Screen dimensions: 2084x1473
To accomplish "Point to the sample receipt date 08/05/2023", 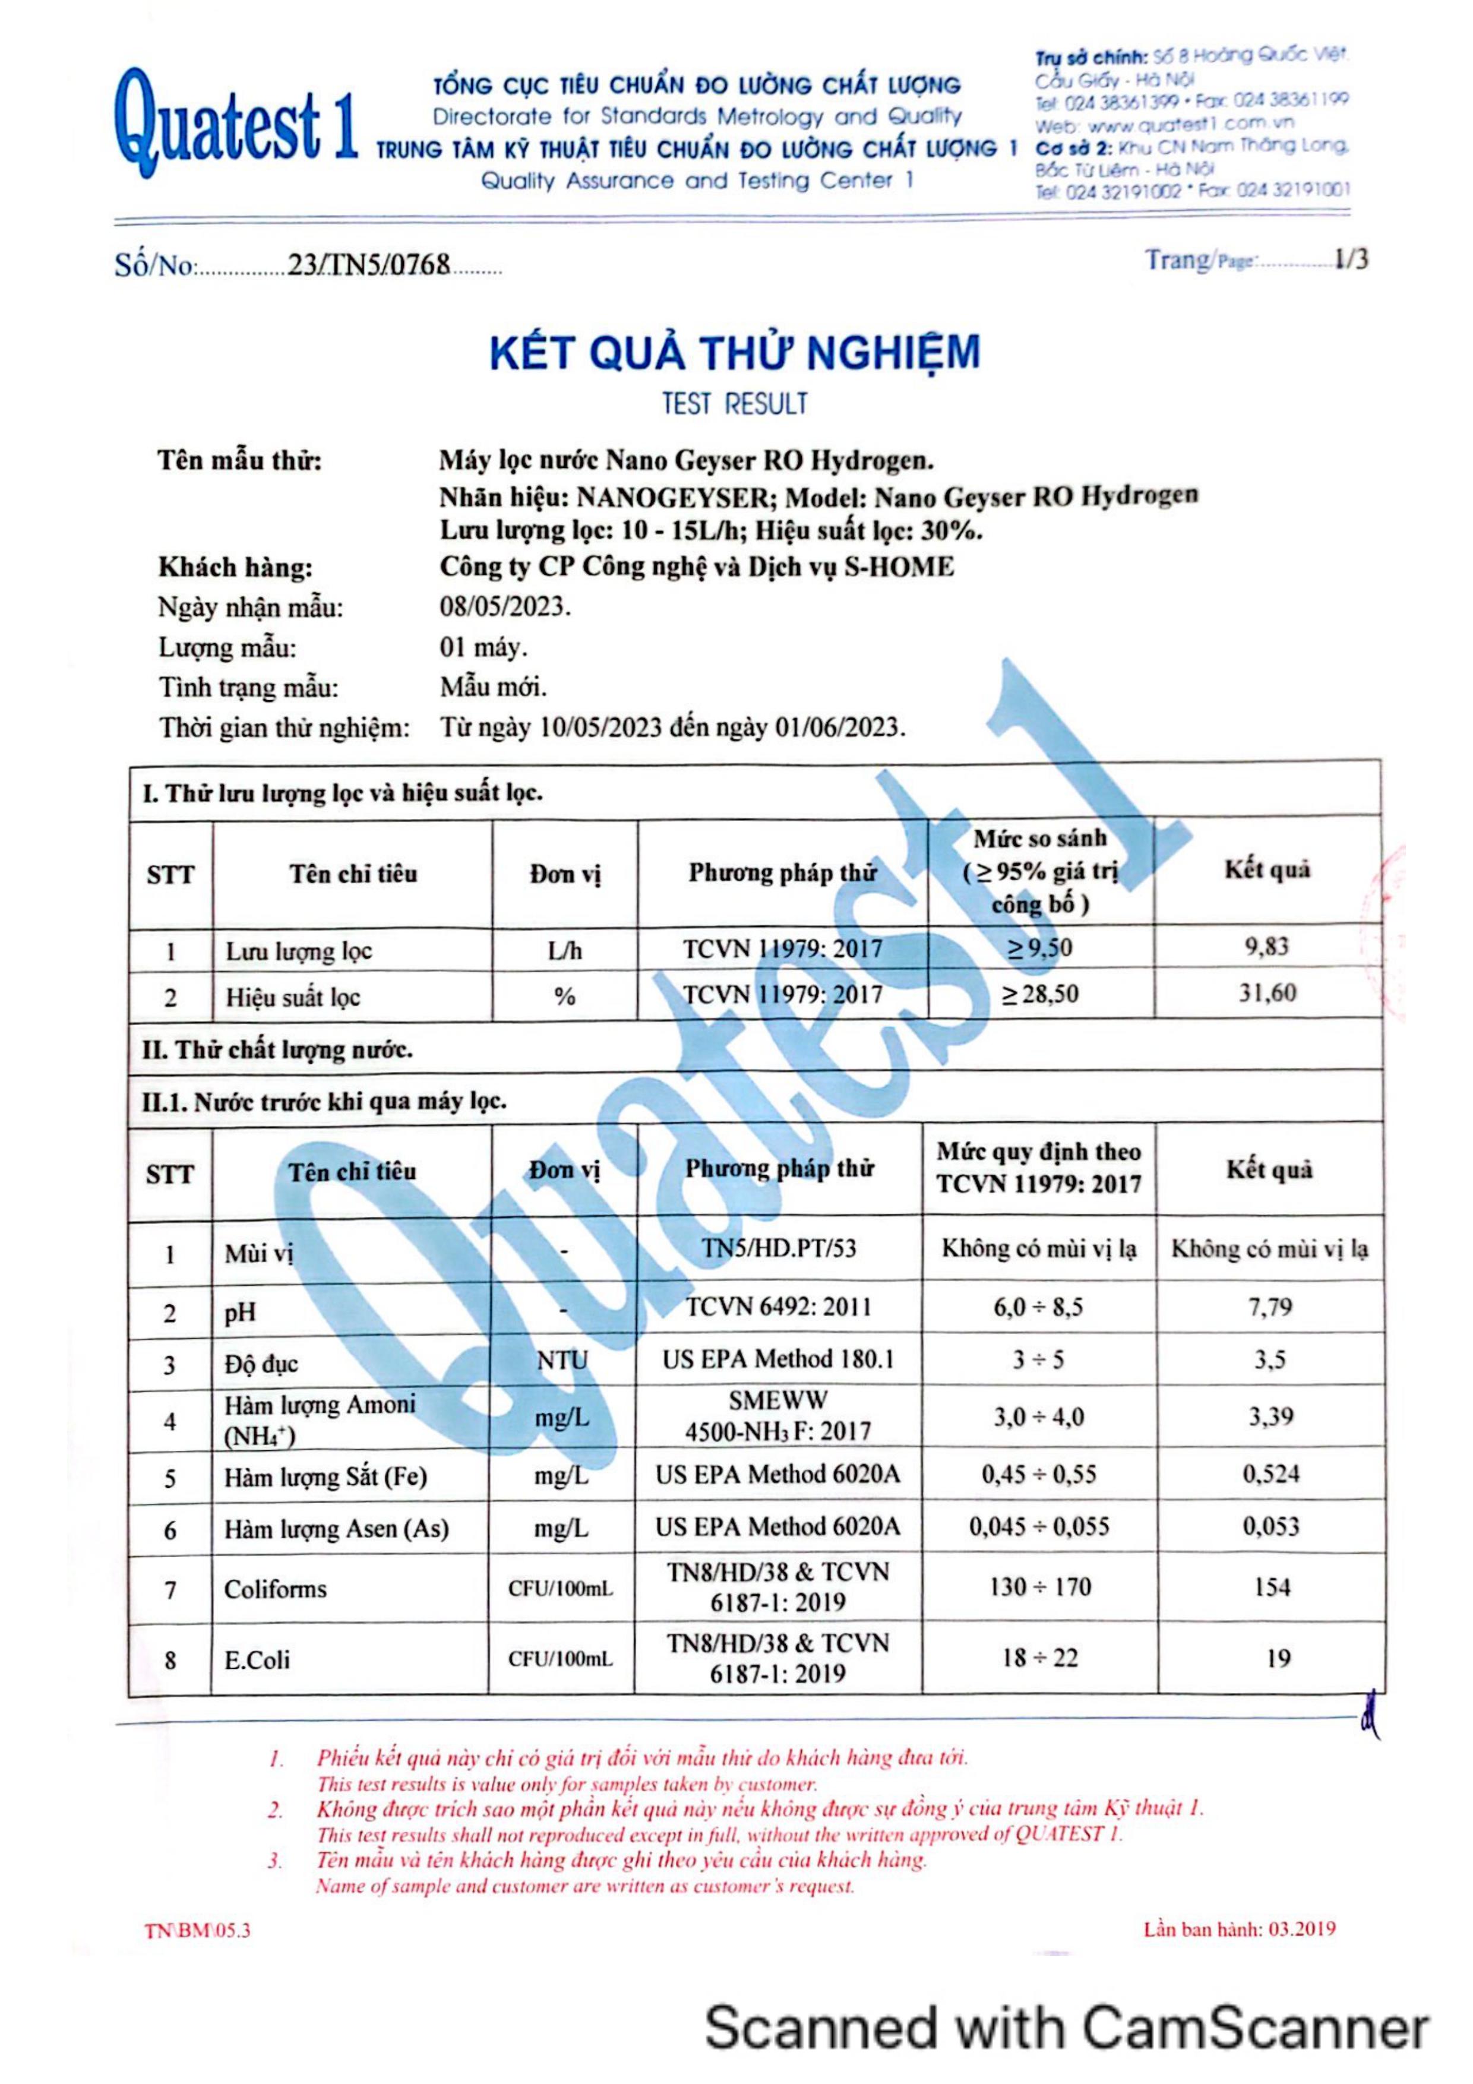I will click(505, 607).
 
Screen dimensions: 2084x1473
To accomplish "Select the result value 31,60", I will click(1268, 993).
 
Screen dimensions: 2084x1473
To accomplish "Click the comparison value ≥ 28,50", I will click(1040, 994).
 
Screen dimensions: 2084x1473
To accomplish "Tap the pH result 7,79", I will click(1270, 1308).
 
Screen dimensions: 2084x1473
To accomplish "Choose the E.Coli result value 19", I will click(1278, 1658).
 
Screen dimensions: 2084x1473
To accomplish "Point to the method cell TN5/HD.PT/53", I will click(779, 1249).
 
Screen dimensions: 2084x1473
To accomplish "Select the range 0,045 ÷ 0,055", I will click(1039, 1527).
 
